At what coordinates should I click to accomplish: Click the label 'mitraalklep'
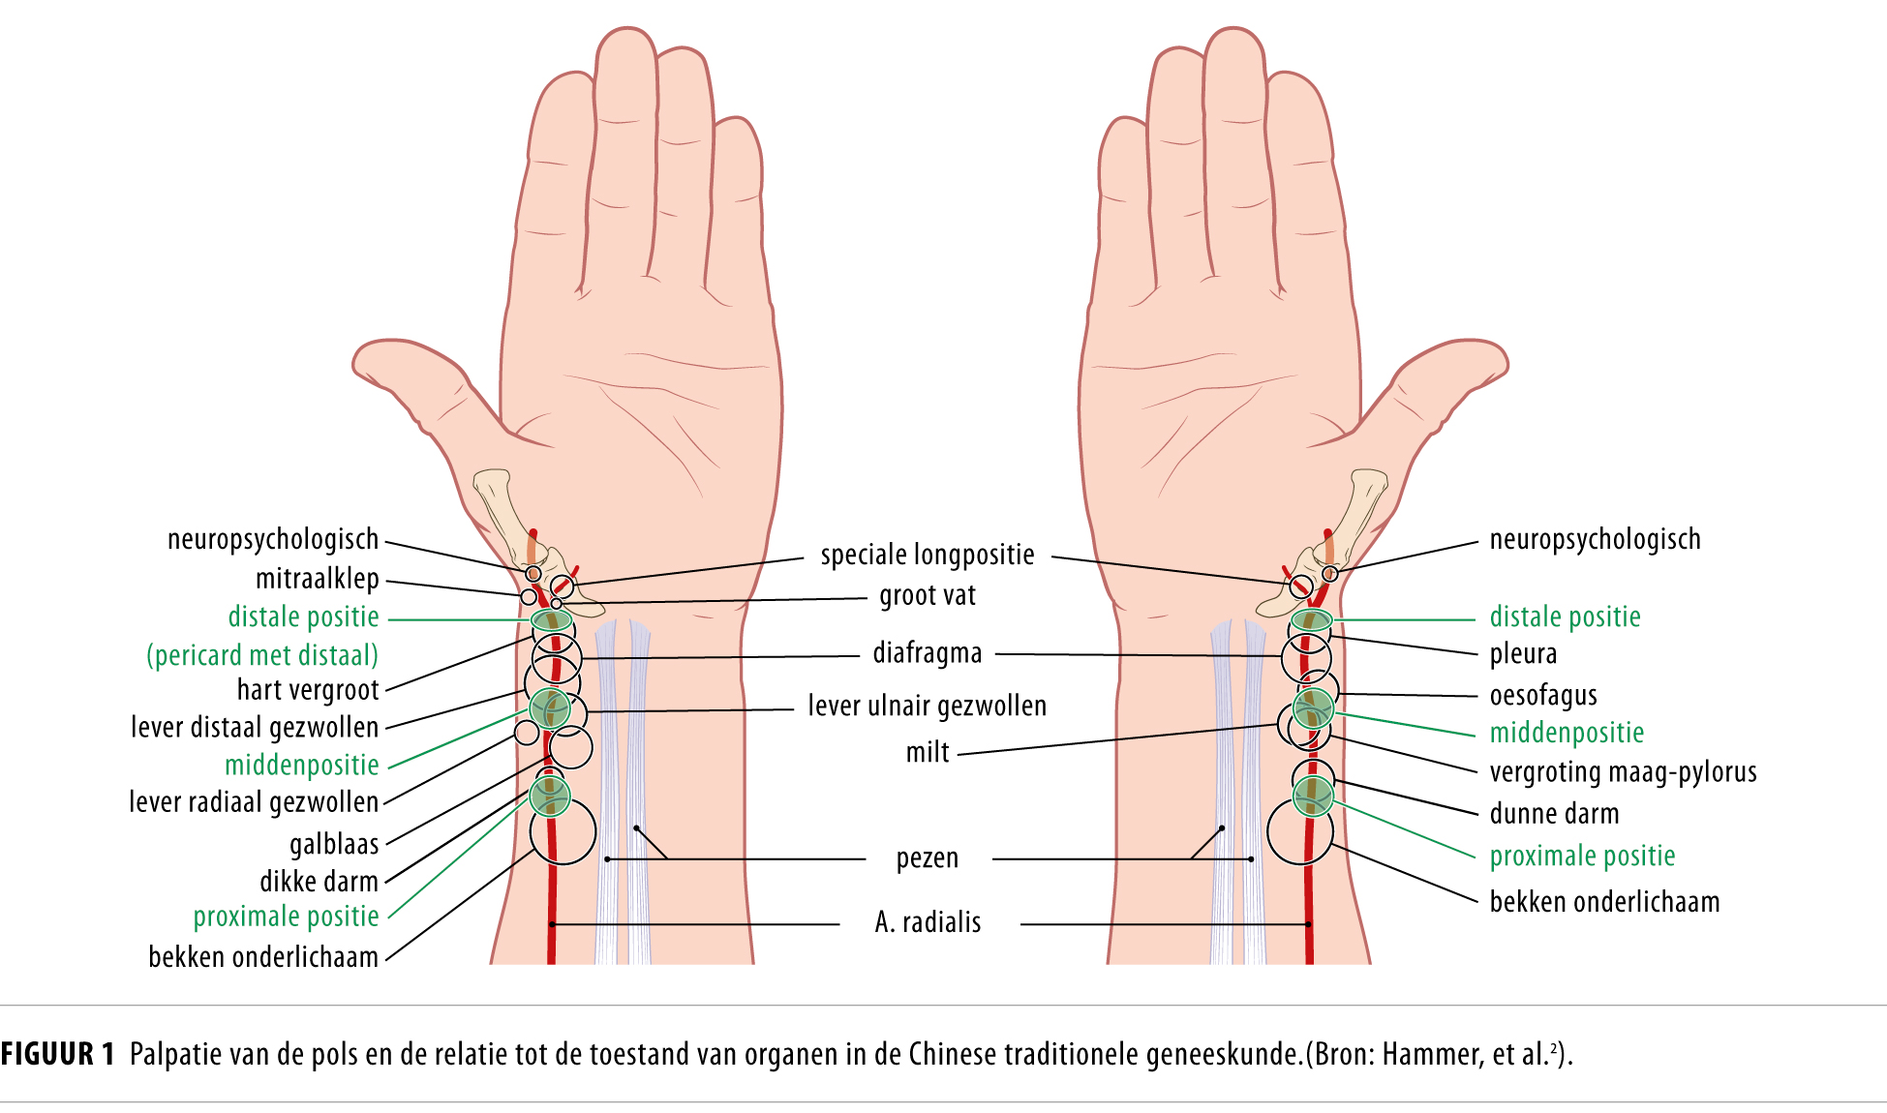[317, 579]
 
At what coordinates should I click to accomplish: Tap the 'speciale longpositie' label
[927, 555]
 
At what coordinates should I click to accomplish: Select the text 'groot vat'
[927, 595]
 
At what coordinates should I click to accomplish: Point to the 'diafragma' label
[927, 653]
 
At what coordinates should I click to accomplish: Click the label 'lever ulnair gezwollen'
[927, 706]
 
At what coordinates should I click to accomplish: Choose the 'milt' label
[927, 752]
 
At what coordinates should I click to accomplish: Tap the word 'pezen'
[927, 858]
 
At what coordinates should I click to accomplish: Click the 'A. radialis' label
[927, 922]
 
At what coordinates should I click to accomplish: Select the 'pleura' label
[1523, 654]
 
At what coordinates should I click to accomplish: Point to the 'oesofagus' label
[1542, 695]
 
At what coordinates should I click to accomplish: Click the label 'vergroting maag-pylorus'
[1623, 772]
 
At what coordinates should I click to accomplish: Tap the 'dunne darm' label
[1554, 814]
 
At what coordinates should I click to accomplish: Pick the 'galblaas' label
[334, 844]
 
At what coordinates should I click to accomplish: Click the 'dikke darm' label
[319, 882]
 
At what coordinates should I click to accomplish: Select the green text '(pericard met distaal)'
[262, 655]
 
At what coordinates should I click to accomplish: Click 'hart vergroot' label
[308, 690]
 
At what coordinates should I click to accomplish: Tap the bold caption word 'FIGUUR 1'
[58, 1054]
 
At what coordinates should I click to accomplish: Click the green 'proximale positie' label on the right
[1582, 856]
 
